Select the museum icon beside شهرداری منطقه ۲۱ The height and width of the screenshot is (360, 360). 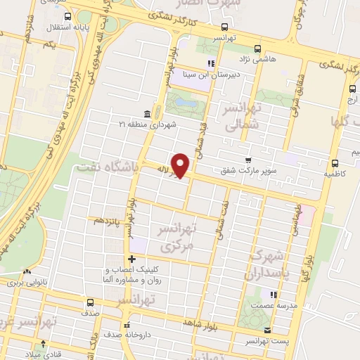click(x=146, y=114)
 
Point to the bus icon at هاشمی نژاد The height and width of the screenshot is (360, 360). click(x=257, y=49)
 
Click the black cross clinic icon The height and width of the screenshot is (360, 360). click(x=131, y=259)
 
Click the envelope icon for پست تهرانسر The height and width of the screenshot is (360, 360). click(x=266, y=330)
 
